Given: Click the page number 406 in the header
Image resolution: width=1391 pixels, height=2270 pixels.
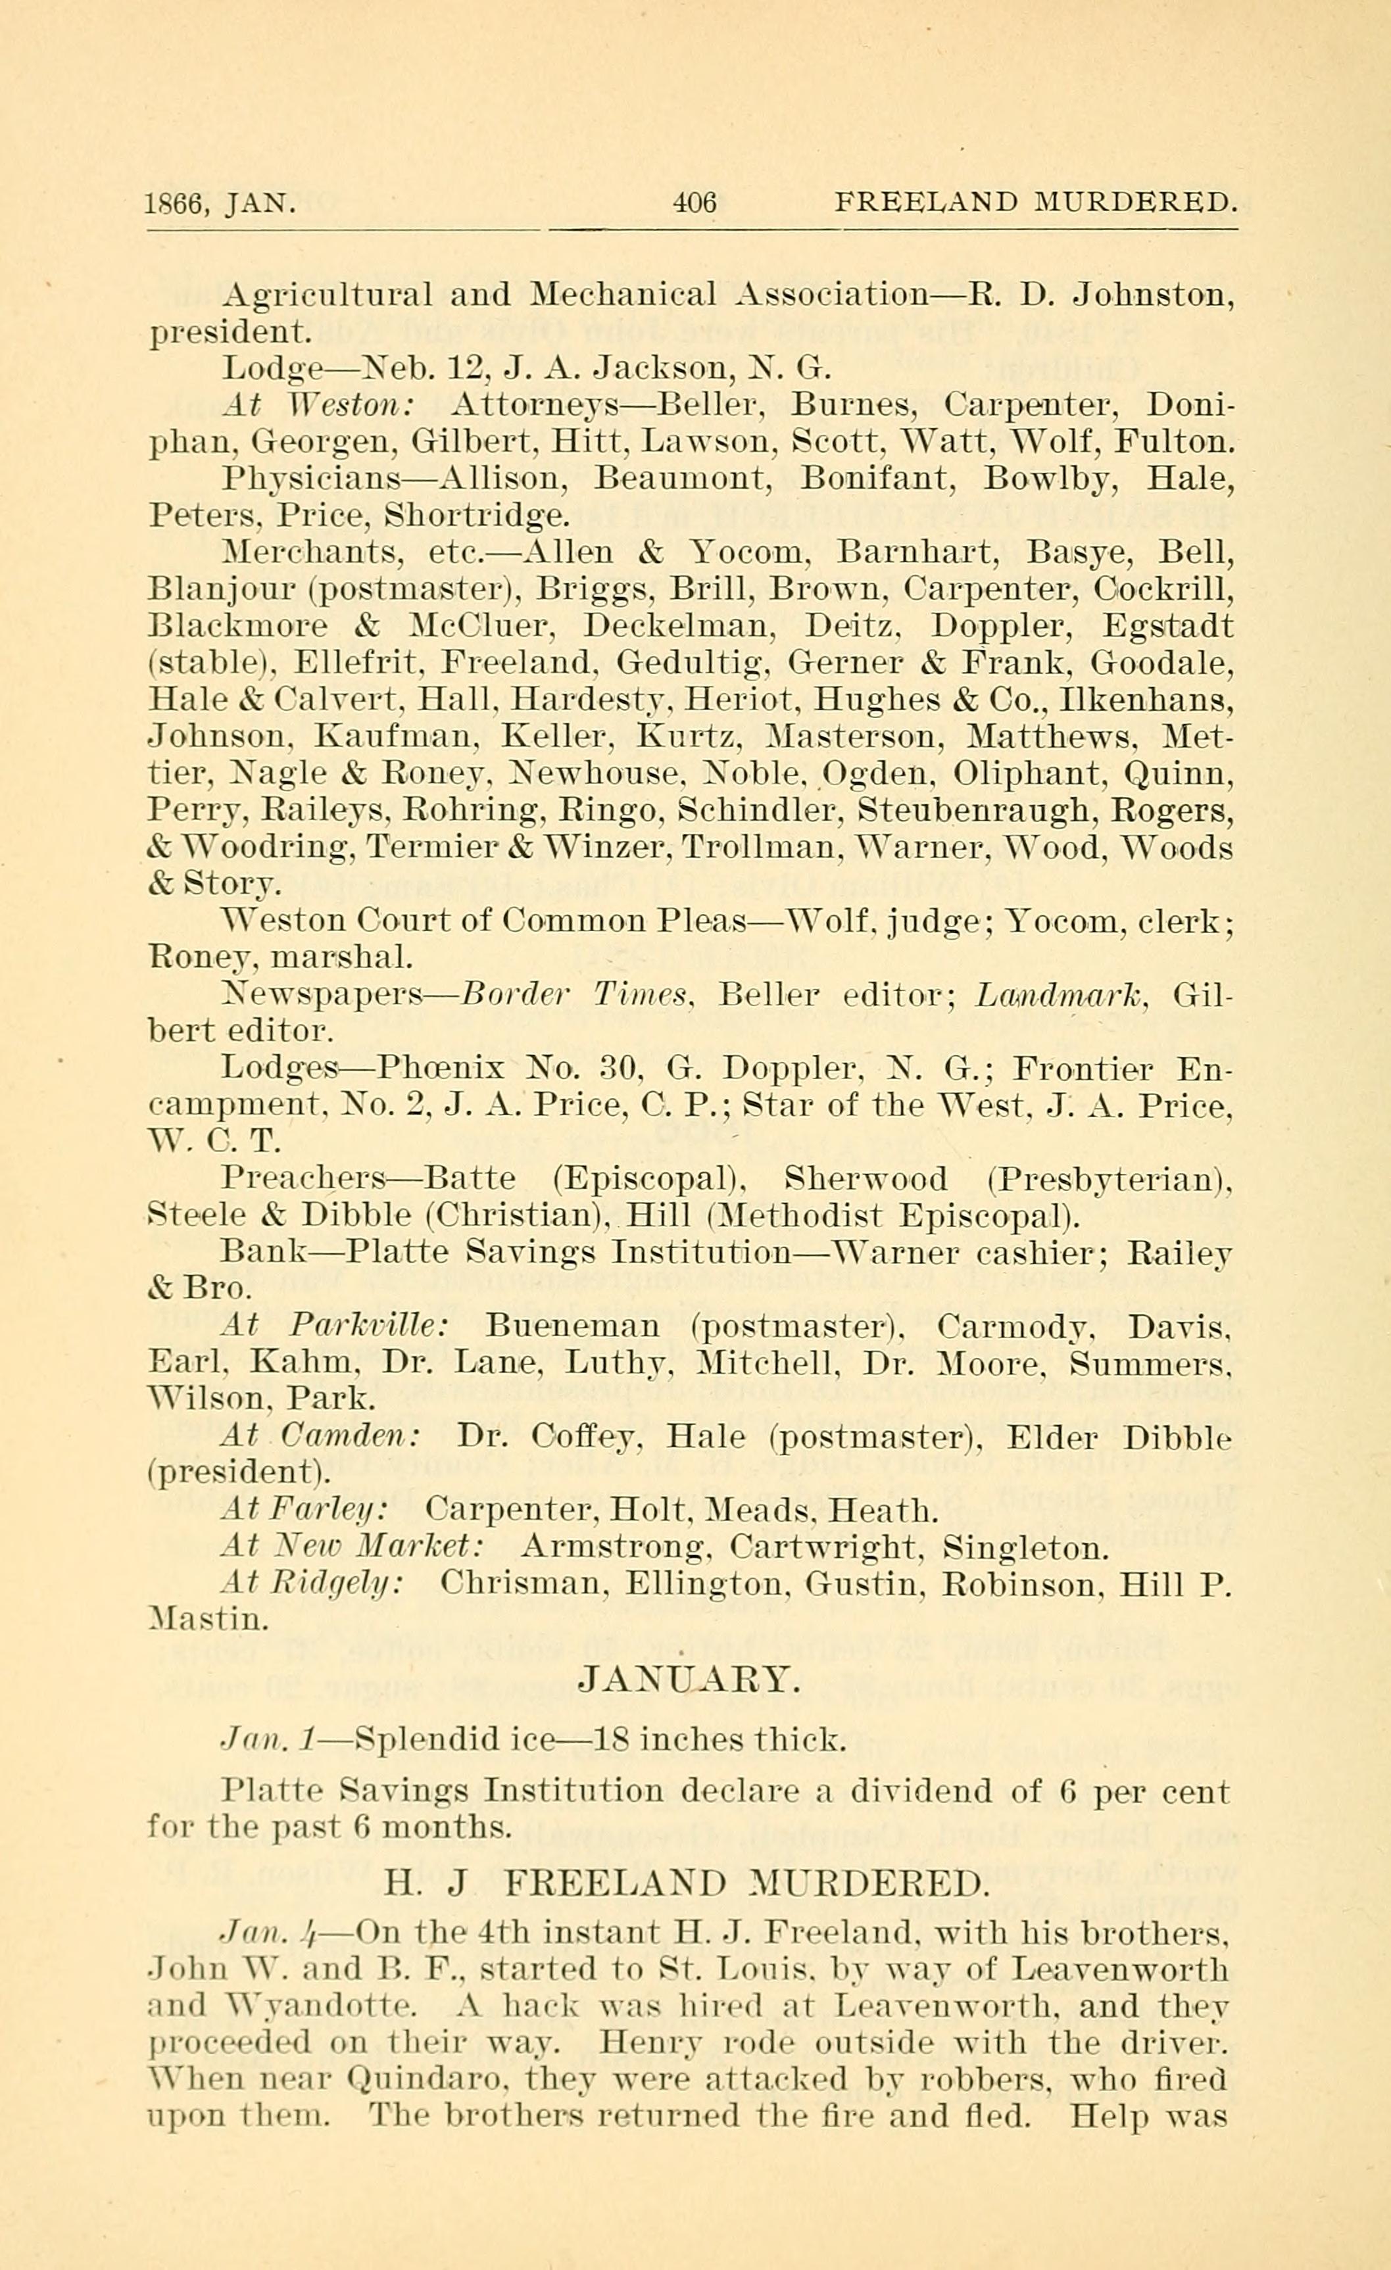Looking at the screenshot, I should (694, 202).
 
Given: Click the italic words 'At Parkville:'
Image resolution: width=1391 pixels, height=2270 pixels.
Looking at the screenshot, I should (334, 1326).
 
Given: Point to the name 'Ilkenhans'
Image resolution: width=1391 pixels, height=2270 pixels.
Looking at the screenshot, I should (1147, 700).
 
